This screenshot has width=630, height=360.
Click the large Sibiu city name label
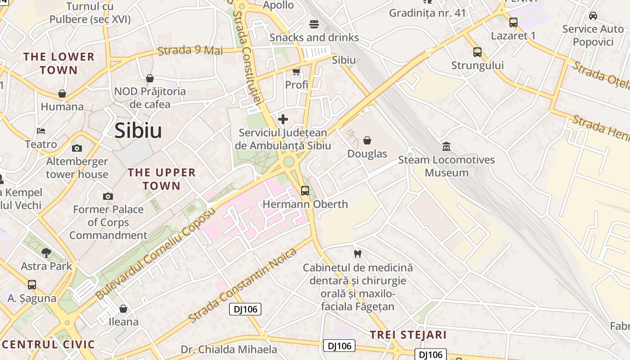(138, 130)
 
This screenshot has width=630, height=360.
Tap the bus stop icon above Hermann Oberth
(305, 191)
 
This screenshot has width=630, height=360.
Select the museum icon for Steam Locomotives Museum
(446, 147)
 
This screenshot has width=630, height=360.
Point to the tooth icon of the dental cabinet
(358, 254)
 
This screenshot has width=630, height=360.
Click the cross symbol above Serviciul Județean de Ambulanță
(283, 119)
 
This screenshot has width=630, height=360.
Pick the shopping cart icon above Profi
(297, 72)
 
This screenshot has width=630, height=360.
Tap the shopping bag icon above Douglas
(367, 140)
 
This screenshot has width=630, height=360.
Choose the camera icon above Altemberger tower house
(77, 148)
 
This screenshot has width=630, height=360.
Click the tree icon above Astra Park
(46, 253)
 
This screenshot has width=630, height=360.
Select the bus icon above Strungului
(477, 52)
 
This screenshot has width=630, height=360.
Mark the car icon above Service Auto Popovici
(593, 16)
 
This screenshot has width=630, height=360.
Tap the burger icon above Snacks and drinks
(314, 24)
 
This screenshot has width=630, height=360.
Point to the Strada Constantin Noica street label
(243, 284)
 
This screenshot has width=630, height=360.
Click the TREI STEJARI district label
(408, 335)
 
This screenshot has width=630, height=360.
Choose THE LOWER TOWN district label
(59, 63)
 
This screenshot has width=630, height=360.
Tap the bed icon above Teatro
(41, 131)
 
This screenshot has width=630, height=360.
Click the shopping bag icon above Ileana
(123, 309)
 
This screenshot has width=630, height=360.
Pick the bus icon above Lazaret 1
(513, 22)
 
